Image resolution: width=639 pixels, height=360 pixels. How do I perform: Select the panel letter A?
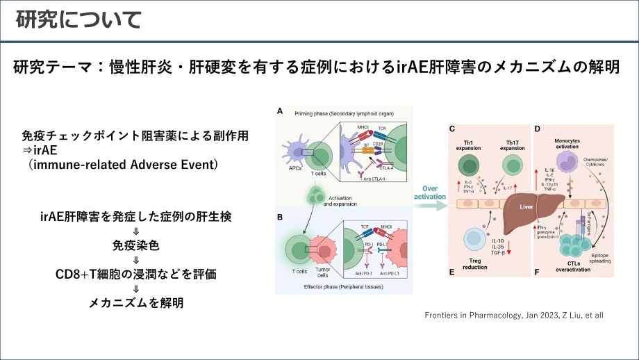pos(280,111)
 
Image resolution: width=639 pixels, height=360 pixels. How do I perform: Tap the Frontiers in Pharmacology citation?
pos(513,315)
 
